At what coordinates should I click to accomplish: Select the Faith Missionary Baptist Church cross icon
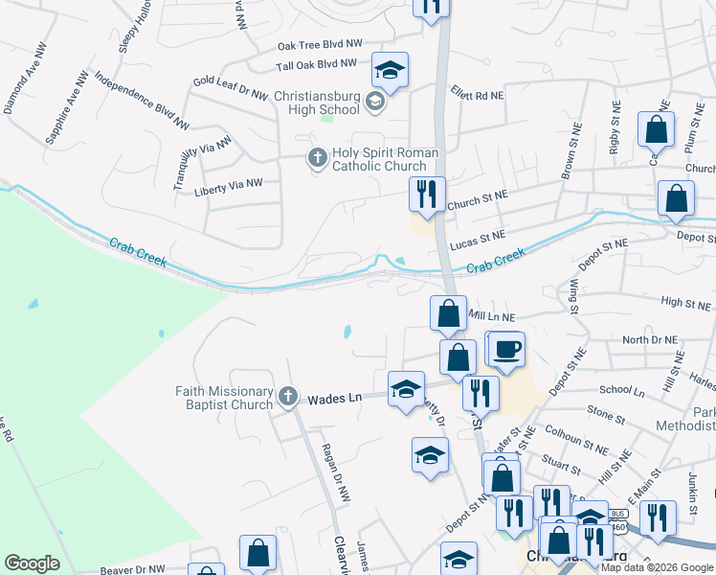[286, 397]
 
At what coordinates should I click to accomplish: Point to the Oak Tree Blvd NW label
[320, 44]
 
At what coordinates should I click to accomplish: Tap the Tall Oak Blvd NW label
[316, 64]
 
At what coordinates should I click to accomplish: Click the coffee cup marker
[507, 348]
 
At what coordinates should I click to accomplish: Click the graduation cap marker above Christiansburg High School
[390, 70]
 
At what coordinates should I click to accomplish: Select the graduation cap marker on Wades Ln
[406, 389]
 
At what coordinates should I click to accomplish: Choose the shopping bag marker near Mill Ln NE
[448, 312]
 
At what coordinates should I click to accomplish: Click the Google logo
[33, 563]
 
